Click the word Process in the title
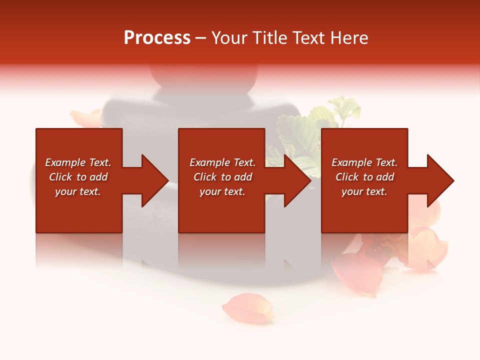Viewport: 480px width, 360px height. tap(157, 37)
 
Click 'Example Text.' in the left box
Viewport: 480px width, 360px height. tap(78, 162)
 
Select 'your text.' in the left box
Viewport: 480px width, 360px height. tap(78, 191)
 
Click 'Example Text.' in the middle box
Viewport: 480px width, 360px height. tap(222, 162)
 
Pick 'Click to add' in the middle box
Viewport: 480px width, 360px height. tap(222, 177)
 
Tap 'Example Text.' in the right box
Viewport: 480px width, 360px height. tap(364, 162)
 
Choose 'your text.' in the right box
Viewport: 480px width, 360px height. tap(364, 191)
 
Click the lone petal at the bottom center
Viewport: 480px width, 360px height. tap(248, 308)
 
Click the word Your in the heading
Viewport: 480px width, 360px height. tap(229, 37)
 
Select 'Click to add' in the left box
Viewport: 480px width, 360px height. tap(78, 177)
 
